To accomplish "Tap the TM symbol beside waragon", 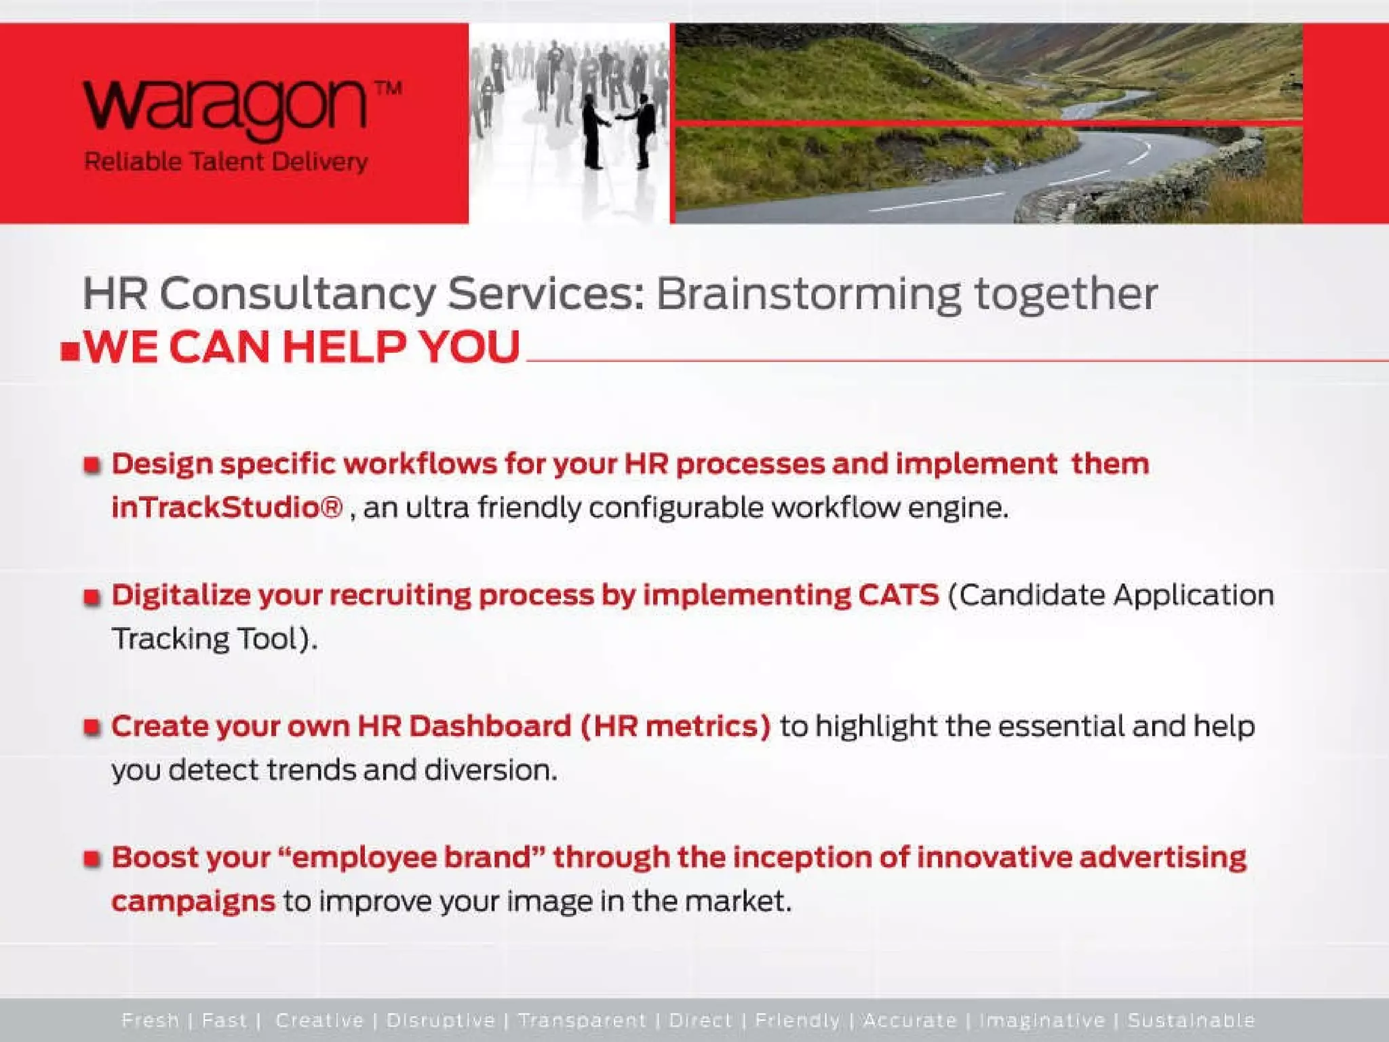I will coord(388,89).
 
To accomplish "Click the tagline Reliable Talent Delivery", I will coord(225,162).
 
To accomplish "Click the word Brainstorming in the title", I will coord(808,294).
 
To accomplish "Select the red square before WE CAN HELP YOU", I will coord(70,351).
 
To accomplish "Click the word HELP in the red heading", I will coord(343,347).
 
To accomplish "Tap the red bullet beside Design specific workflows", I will coord(92,465).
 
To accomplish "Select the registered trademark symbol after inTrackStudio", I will coord(331,507).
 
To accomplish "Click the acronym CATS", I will coord(898,595).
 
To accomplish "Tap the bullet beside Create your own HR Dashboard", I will coord(92,727).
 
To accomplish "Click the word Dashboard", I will coord(490,726).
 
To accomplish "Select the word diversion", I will coord(490,770).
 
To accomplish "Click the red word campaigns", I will coord(193,902).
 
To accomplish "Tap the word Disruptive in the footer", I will coord(441,1020).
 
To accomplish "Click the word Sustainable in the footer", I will coord(1191,1020).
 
